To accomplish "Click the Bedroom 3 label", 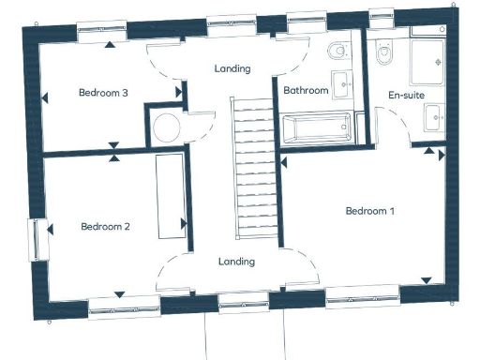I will (103, 93).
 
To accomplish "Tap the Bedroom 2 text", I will (105, 226).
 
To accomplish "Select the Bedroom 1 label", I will (369, 211).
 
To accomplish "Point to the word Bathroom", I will (306, 91).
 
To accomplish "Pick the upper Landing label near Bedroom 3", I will (232, 68).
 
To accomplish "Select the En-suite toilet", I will (382, 55).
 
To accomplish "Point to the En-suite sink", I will (433, 117).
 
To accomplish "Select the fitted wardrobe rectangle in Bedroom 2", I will (171, 196).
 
